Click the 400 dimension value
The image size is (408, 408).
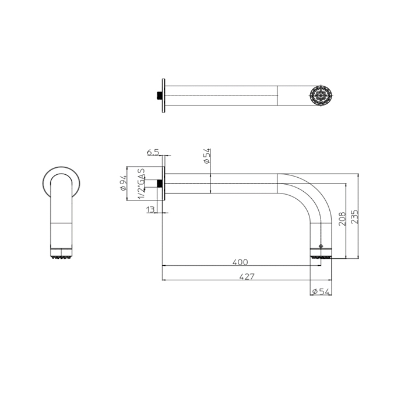click(240, 262)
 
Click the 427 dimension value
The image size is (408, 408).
click(247, 276)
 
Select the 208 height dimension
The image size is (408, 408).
click(343, 219)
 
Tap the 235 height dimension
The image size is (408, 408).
click(354, 216)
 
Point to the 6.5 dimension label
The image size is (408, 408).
click(153, 152)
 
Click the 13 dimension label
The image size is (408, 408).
click(150, 209)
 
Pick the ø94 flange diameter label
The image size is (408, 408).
click(124, 183)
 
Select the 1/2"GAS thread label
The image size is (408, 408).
click(141, 184)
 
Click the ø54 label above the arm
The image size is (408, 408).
click(207, 156)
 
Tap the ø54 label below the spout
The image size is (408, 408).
click(321, 291)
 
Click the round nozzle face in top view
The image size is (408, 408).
click(321, 96)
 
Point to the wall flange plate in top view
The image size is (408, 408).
click(163, 96)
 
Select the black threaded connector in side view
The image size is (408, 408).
click(159, 184)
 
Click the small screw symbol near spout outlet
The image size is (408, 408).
click(321, 246)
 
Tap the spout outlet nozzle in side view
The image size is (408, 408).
click(321, 254)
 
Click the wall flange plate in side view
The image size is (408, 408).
click(163, 184)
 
